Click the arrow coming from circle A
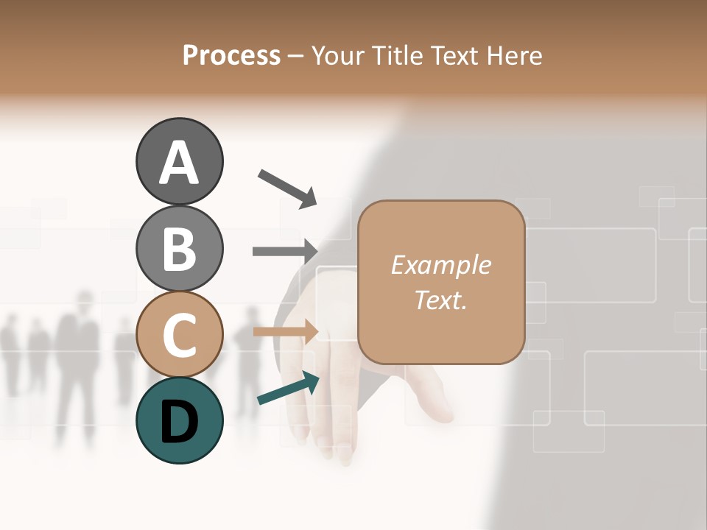click(x=287, y=188)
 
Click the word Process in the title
click(x=231, y=56)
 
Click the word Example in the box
click(x=440, y=265)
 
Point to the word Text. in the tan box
click(x=440, y=300)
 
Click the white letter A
click(x=179, y=163)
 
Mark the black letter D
click(x=179, y=422)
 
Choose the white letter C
click(x=179, y=336)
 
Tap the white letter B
click(x=179, y=249)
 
